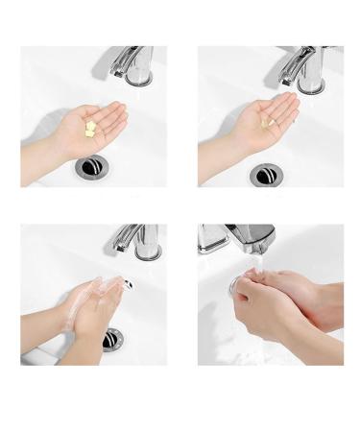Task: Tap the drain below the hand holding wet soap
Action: pyautogui.click(x=266, y=175)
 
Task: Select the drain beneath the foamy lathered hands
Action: pyautogui.click(x=113, y=338)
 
